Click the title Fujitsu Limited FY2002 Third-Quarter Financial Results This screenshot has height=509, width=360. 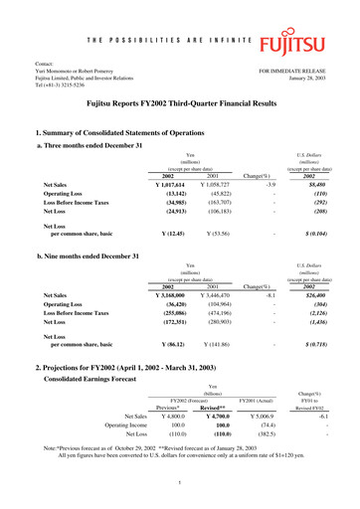click(179, 101)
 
